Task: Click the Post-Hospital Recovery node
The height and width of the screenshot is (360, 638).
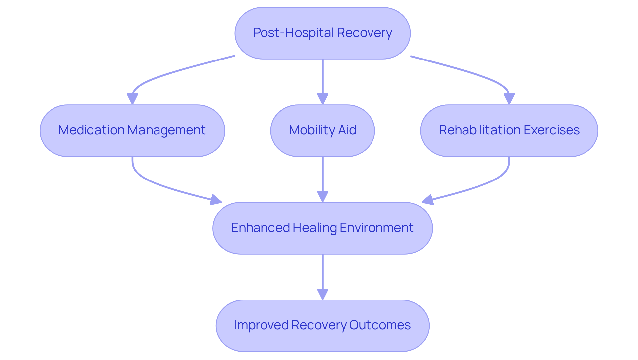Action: tap(322, 33)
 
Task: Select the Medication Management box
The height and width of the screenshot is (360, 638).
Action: tap(132, 131)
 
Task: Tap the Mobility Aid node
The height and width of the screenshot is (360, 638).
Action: tap(322, 131)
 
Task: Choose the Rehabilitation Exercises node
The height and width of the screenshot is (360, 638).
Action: tap(509, 131)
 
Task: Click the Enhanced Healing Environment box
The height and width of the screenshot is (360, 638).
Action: tap(322, 228)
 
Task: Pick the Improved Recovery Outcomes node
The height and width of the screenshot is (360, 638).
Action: tap(322, 325)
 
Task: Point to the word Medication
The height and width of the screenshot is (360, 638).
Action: tap(91, 130)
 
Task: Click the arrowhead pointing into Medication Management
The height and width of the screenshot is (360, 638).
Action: tap(132, 99)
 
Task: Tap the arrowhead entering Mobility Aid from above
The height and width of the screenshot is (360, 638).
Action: tap(322, 99)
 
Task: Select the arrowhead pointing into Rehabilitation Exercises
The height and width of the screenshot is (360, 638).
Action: tap(509, 99)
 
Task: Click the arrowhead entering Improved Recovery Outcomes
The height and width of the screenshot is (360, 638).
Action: tap(322, 294)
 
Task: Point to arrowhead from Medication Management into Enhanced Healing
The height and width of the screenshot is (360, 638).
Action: tap(216, 200)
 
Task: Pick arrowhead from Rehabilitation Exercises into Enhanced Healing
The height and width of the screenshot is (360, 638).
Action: tap(428, 200)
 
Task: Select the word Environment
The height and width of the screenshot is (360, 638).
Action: tap(376, 228)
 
